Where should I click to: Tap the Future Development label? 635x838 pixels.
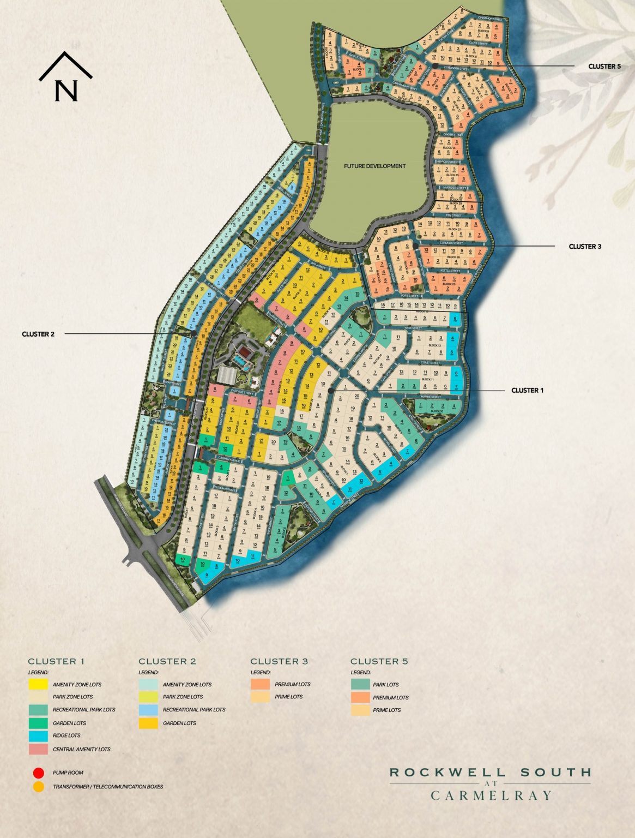pos(374,166)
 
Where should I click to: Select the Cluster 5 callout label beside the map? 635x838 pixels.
pos(604,67)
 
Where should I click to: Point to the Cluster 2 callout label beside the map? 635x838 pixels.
pos(38,334)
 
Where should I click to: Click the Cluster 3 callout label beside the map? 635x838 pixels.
pos(585,247)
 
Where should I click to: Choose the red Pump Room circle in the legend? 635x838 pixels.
pos(38,773)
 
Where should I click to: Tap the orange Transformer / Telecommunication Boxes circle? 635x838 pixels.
pos(38,787)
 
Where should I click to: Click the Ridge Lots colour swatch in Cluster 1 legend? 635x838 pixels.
pos(38,736)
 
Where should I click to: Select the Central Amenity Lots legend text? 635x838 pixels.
pos(81,750)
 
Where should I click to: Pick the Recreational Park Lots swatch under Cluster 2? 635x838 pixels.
pos(148,710)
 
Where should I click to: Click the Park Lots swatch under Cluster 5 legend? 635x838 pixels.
pos(360,685)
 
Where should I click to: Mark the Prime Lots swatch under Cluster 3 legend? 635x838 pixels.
pos(260,697)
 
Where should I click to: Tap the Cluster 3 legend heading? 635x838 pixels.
pos(279,661)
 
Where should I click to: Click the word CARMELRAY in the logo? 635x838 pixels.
pos(491,795)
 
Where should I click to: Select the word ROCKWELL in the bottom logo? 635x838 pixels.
pos(447,773)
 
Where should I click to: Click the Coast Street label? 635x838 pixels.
pos(430,363)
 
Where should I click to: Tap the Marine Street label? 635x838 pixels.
pos(431,397)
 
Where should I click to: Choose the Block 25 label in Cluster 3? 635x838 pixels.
pos(449,284)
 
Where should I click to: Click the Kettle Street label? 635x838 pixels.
pos(450,271)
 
